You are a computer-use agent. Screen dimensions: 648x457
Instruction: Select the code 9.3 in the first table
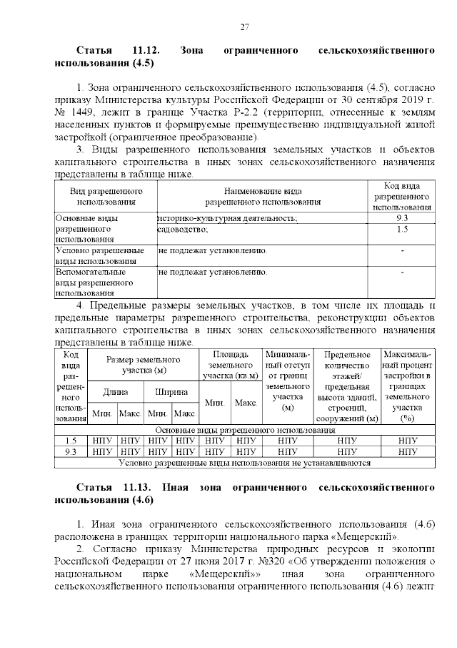[401, 217]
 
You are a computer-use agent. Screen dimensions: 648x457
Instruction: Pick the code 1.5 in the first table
[401, 229]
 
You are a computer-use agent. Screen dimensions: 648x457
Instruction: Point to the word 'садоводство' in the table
[183, 229]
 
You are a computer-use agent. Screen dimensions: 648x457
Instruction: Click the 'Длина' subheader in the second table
[115, 392]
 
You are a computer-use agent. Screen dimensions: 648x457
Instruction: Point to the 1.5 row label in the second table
[71, 441]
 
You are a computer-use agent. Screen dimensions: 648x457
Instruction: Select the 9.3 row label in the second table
[71, 451]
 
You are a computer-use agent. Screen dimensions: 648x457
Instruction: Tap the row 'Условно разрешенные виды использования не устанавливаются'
[245, 462]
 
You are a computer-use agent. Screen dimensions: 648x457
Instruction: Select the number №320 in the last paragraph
[284, 561]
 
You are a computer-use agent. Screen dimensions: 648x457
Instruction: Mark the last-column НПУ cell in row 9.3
[408, 451]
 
